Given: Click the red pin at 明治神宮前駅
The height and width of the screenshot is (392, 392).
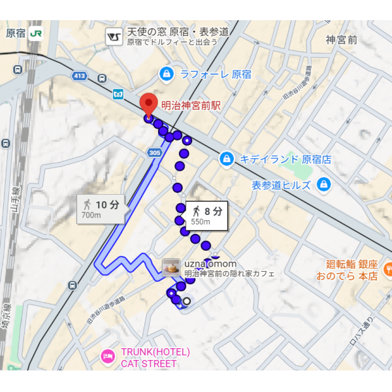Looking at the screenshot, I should tap(149, 104).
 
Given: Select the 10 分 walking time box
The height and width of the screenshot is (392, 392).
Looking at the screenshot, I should tap(101, 208).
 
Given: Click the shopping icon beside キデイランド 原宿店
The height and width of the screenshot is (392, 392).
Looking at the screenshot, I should tap(226, 159).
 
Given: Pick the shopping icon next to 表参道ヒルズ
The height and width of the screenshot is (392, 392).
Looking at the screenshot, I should tap(322, 185).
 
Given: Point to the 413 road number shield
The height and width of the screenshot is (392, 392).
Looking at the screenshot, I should tap(80, 76).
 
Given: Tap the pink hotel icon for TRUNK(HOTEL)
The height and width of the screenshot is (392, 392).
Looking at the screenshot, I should tap(106, 357).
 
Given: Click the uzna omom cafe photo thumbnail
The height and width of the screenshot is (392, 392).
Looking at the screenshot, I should tap(171, 267).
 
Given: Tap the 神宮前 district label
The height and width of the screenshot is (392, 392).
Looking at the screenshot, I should tap(342, 39).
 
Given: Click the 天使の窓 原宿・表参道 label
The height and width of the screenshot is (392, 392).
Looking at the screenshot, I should tap(178, 31).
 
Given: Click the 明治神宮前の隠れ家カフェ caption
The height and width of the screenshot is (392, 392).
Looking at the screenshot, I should tap(229, 274).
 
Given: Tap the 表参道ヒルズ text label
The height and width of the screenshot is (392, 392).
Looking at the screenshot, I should tap(281, 185).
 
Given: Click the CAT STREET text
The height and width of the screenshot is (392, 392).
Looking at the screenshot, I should tap(140, 363).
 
